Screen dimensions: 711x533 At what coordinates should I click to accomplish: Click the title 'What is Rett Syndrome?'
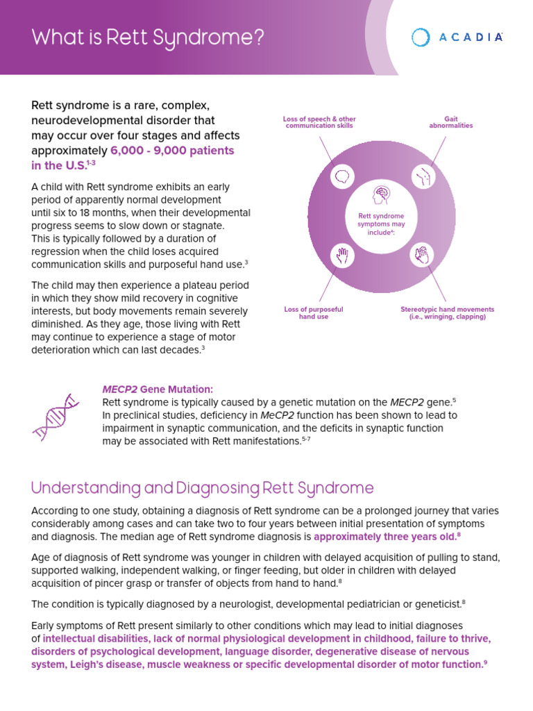148,37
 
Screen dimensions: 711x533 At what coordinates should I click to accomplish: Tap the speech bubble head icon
341,176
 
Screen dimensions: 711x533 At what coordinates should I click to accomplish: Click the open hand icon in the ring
341,256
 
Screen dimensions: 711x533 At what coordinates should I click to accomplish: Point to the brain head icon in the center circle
380,195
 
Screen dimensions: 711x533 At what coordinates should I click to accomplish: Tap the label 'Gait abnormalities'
450,122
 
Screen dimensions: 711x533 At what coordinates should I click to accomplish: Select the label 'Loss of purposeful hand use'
313,312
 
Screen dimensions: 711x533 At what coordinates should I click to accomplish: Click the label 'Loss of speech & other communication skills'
319,122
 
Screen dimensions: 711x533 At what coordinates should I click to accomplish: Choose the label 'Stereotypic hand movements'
447,309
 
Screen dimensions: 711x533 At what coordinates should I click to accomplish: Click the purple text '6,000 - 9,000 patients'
172,151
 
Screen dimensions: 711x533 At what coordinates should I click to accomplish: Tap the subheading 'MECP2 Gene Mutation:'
158,390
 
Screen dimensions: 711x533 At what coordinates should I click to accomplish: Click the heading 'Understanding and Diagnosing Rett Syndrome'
203,488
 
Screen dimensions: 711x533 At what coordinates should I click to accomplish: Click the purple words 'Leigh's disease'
77,664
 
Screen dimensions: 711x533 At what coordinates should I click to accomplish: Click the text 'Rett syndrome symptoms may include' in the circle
380,225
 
